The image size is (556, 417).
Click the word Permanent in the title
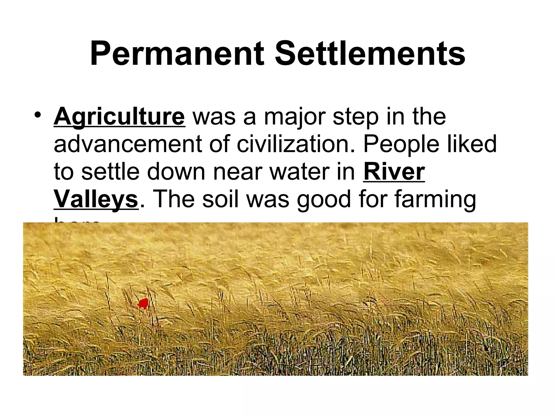click(x=177, y=53)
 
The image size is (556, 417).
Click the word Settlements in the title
click(x=370, y=53)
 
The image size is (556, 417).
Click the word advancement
click(x=128, y=144)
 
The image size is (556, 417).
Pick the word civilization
click(x=296, y=144)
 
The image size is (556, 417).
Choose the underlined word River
click(x=394, y=172)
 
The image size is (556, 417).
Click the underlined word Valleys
click(x=96, y=200)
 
